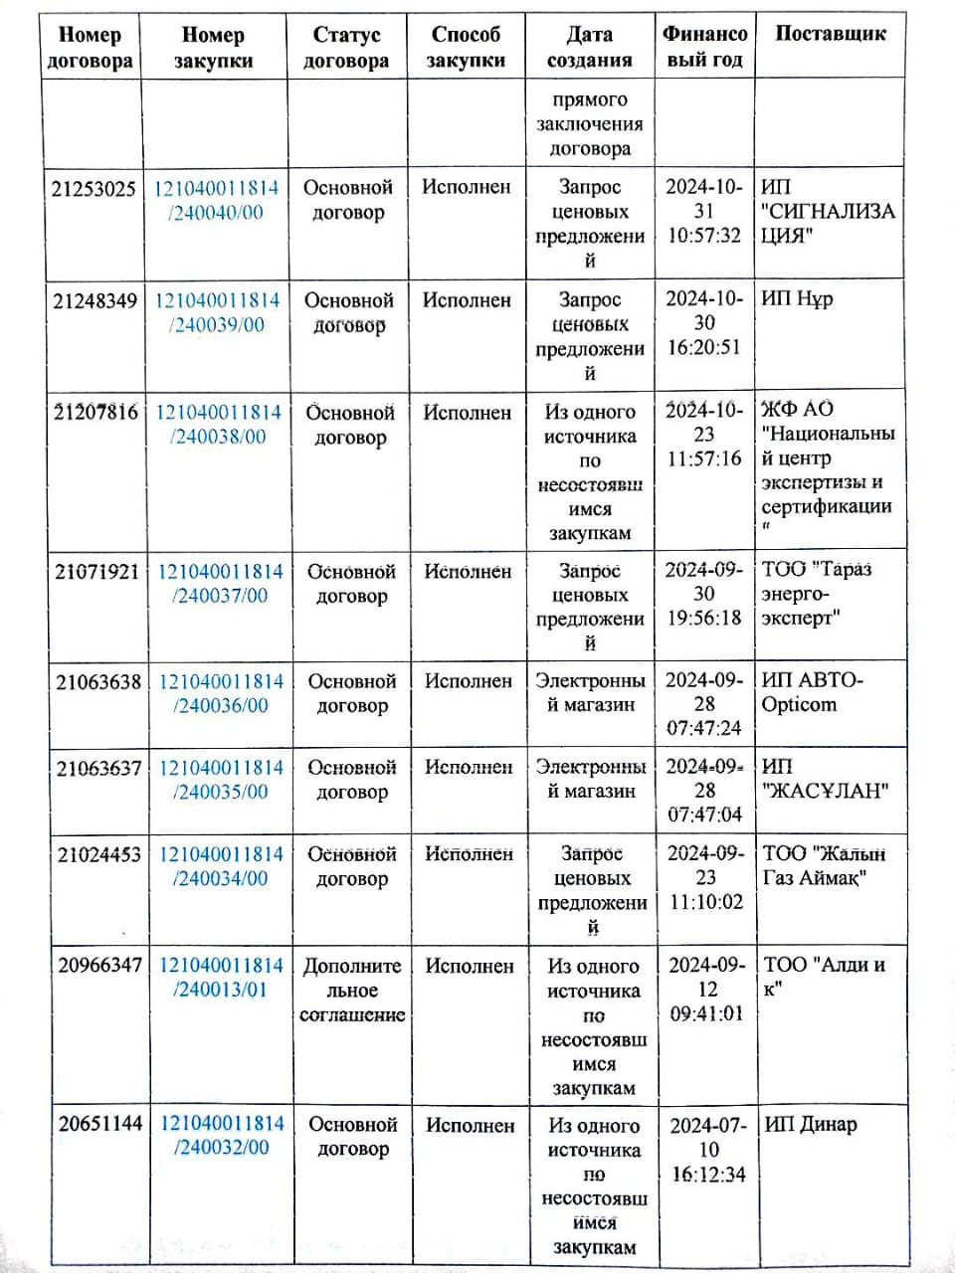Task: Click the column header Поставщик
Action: pos(830,34)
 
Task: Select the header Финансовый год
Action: pos(704,47)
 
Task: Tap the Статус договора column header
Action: pos(346,48)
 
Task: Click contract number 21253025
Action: pos(94,188)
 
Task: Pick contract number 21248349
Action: pos(95,300)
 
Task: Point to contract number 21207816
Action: pos(95,412)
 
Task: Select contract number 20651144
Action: pos(100,1124)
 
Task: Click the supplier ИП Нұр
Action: pos(797,298)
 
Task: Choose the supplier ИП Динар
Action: pos(810,1125)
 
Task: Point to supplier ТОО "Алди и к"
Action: pos(824,976)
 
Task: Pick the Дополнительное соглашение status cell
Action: pos(352,991)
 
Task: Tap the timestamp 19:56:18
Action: pos(704,618)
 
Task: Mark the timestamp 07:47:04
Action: pos(705,815)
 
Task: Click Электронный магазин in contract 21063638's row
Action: pos(590,693)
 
